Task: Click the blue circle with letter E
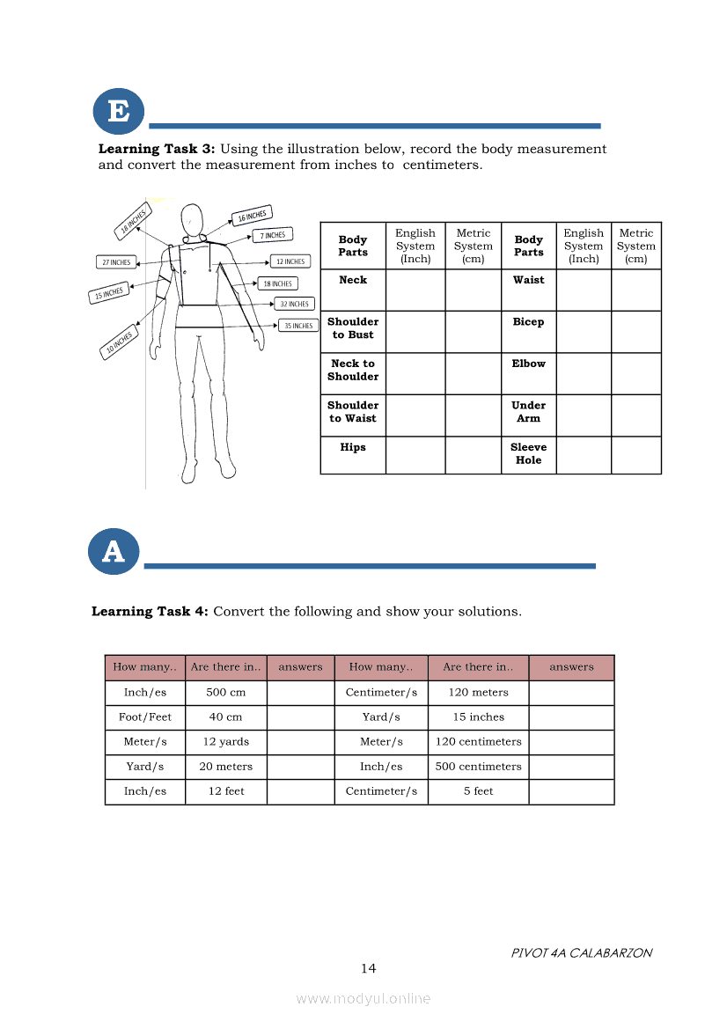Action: point(118,112)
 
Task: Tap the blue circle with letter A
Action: point(114,552)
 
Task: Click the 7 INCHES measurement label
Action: point(273,235)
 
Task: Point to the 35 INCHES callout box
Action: point(298,326)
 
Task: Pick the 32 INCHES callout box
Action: point(295,304)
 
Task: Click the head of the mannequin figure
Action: point(192,218)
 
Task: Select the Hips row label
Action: point(353,447)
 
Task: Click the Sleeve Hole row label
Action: point(529,453)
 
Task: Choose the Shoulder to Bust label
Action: point(353,328)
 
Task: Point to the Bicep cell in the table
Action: point(528,322)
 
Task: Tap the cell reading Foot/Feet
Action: point(145,717)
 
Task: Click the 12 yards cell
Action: point(226,742)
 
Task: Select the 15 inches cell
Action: point(478,717)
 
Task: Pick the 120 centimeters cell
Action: point(478,742)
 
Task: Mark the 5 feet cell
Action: point(478,791)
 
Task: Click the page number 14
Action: point(368,968)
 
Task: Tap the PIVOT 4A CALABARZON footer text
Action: point(582,952)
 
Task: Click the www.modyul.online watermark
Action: point(363,998)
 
